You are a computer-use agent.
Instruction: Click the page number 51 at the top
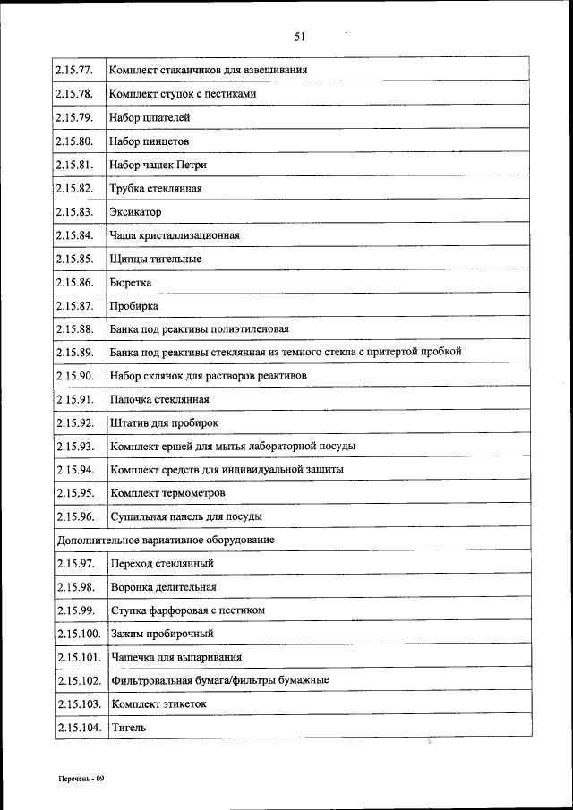coord(300,37)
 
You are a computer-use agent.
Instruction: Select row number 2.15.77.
coord(74,70)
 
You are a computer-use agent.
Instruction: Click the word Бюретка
coord(131,282)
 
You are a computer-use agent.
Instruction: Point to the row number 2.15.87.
coord(74,305)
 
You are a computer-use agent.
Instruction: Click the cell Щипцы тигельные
coord(155,259)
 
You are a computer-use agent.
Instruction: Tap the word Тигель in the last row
coord(127,728)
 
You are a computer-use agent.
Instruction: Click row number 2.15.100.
coord(77,634)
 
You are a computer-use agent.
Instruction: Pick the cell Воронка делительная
coord(163,587)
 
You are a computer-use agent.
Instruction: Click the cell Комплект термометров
coord(167,493)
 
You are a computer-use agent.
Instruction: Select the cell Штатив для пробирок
coord(164,422)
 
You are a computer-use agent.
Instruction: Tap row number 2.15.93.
coord(74,446)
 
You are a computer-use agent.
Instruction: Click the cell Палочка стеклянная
coord(159,399)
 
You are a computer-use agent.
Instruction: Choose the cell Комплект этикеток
coord(158,704)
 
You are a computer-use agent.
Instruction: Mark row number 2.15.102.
coord(77,680)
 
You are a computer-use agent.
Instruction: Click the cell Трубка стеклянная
coord(156,188)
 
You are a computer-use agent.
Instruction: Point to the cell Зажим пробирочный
coord(162,634)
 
